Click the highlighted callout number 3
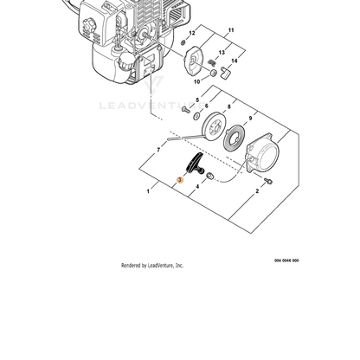pos(180,180)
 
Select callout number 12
pos(192,33)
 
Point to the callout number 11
pos(231,30)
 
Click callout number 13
pos(222,53)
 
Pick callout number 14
pos(235,61)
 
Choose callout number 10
pos(196,82)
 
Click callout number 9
pos(250,119)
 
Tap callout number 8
pos(229,106)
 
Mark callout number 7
pos(158,150)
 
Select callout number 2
pos(257,191)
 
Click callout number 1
pos(148,191)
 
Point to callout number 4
pos(197,187)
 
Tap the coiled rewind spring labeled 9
pos(235,139)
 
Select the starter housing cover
pos(262,155)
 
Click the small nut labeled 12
pos(183,43)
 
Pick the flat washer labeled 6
pos(197,116)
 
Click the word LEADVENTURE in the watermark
pos(152,106)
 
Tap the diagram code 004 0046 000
pos(286,260)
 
